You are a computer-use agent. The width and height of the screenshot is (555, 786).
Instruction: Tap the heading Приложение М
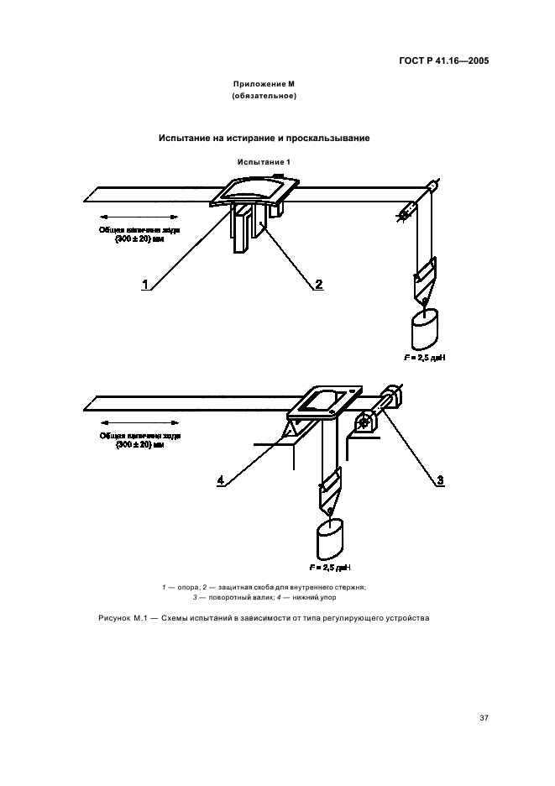pos(264,85)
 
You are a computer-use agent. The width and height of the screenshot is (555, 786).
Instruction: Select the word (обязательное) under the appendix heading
pos(264,97)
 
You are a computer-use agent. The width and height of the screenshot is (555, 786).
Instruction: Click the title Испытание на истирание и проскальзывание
pos(264,138)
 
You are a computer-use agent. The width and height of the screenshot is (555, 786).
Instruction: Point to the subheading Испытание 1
pos(263,161)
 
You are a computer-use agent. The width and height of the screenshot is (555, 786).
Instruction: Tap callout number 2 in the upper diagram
pos(318,284)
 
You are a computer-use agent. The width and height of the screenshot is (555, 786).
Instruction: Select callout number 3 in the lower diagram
pos(438,479)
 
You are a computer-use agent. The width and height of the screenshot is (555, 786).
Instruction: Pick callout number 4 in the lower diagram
pos(220,479)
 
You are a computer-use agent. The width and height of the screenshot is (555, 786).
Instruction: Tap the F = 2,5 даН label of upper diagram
pos(424,357)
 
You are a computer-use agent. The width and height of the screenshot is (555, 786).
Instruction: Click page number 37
pos(484,717)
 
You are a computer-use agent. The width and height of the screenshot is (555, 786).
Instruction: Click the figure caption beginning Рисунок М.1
pos(263,618)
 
